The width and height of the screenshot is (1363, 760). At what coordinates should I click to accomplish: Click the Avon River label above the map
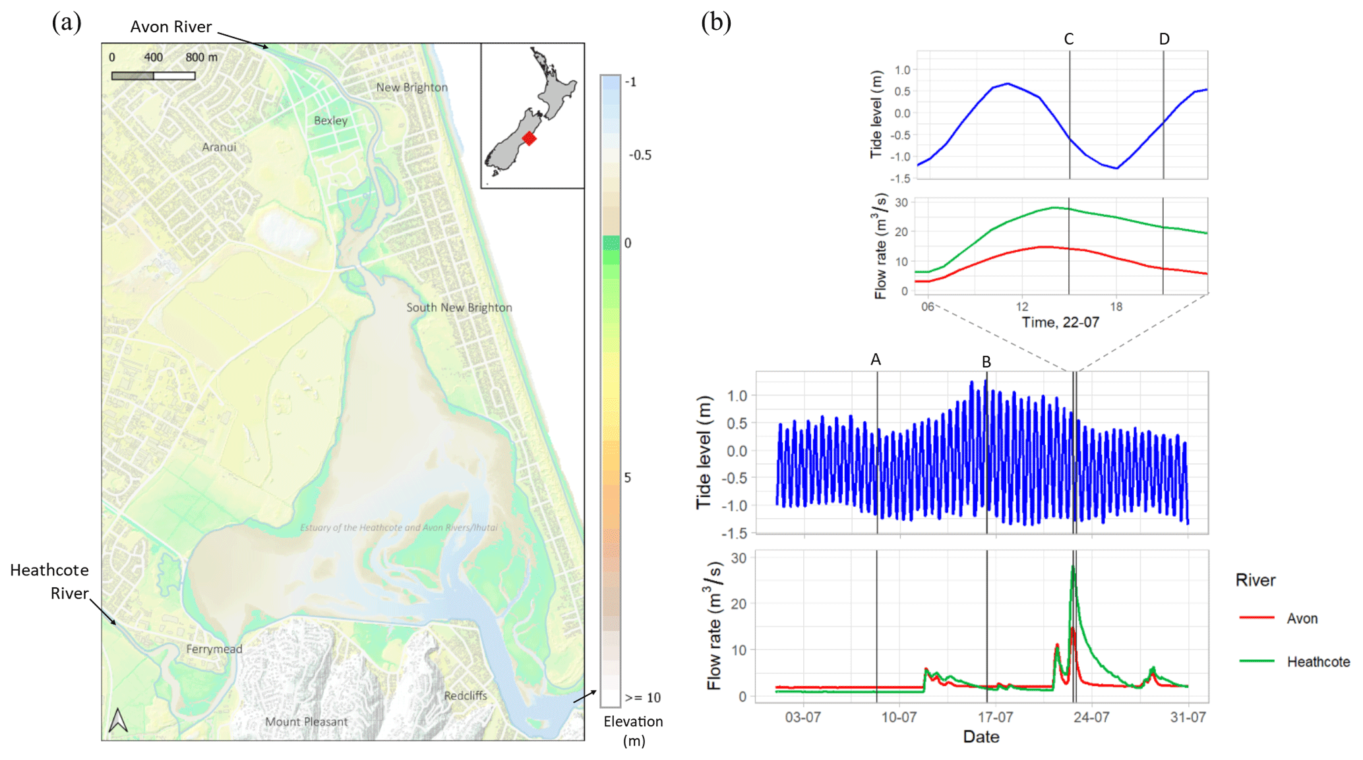pos(171,27)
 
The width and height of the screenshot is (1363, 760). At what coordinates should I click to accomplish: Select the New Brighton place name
pos(412,87)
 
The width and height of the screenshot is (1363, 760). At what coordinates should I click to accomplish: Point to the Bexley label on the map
pos(330,121)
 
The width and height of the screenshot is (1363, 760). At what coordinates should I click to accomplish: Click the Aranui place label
pos(219,147)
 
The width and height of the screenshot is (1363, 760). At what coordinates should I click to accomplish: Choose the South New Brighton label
pos(459,307)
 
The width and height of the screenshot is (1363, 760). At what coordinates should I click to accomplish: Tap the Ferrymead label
pos(214,649)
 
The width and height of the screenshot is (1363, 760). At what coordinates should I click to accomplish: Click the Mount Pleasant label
pos(306,722)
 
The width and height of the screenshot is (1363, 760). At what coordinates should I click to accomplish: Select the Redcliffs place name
pos(466,695)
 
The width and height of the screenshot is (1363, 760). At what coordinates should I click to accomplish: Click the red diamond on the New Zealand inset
pos(529,138)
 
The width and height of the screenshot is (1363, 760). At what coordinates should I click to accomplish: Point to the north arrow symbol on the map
pos(118,720)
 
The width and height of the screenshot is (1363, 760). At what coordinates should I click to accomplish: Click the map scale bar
pos(154,76)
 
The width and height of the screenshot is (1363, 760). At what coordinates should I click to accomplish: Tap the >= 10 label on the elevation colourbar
pos(643,697)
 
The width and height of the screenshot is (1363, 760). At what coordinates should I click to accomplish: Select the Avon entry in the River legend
pos(1279,618)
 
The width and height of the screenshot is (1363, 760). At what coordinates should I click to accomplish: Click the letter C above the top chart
pos(1069,40)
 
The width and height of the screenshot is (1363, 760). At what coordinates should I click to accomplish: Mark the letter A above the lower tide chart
pos(876,359)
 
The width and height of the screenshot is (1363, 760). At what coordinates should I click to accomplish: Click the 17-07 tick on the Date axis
pos(995,717)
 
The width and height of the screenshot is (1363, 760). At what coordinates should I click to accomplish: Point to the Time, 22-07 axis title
pos(1060,322)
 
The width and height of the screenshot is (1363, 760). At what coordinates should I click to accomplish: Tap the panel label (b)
pos(716,22)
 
